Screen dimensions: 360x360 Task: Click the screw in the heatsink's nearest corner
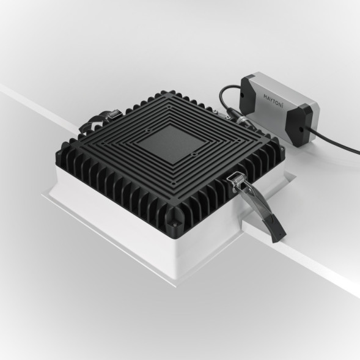[177, 214]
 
